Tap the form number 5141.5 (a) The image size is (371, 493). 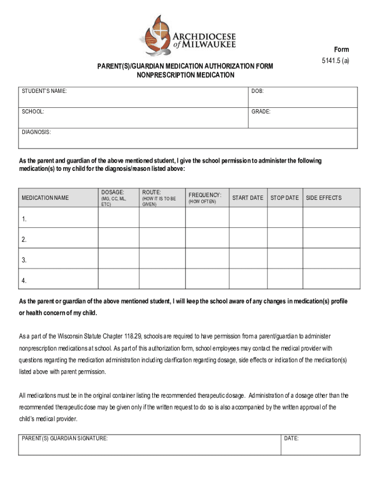[x=336, y=61]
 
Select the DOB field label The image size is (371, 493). [x=257, y=91]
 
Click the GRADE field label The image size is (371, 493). [x=261, y=111]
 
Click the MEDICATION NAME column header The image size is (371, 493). [x=45, y=198]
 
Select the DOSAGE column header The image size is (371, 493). [x=112, y=192]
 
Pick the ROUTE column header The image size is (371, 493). [x=151, y=192]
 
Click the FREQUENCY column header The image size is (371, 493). [x=205, y=195]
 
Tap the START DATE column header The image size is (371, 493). [x=248, y=198]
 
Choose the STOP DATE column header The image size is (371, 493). [x=285, y=198]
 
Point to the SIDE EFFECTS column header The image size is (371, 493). [x=324, y=198]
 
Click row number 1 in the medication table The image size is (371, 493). [x=24, y=220]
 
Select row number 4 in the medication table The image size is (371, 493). [x=24, y=280]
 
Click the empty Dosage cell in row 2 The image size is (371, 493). [x=119, y=238]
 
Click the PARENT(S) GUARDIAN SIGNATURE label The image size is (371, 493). [x=65, y=439]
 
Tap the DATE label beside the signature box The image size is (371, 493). [x=291, y=439]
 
